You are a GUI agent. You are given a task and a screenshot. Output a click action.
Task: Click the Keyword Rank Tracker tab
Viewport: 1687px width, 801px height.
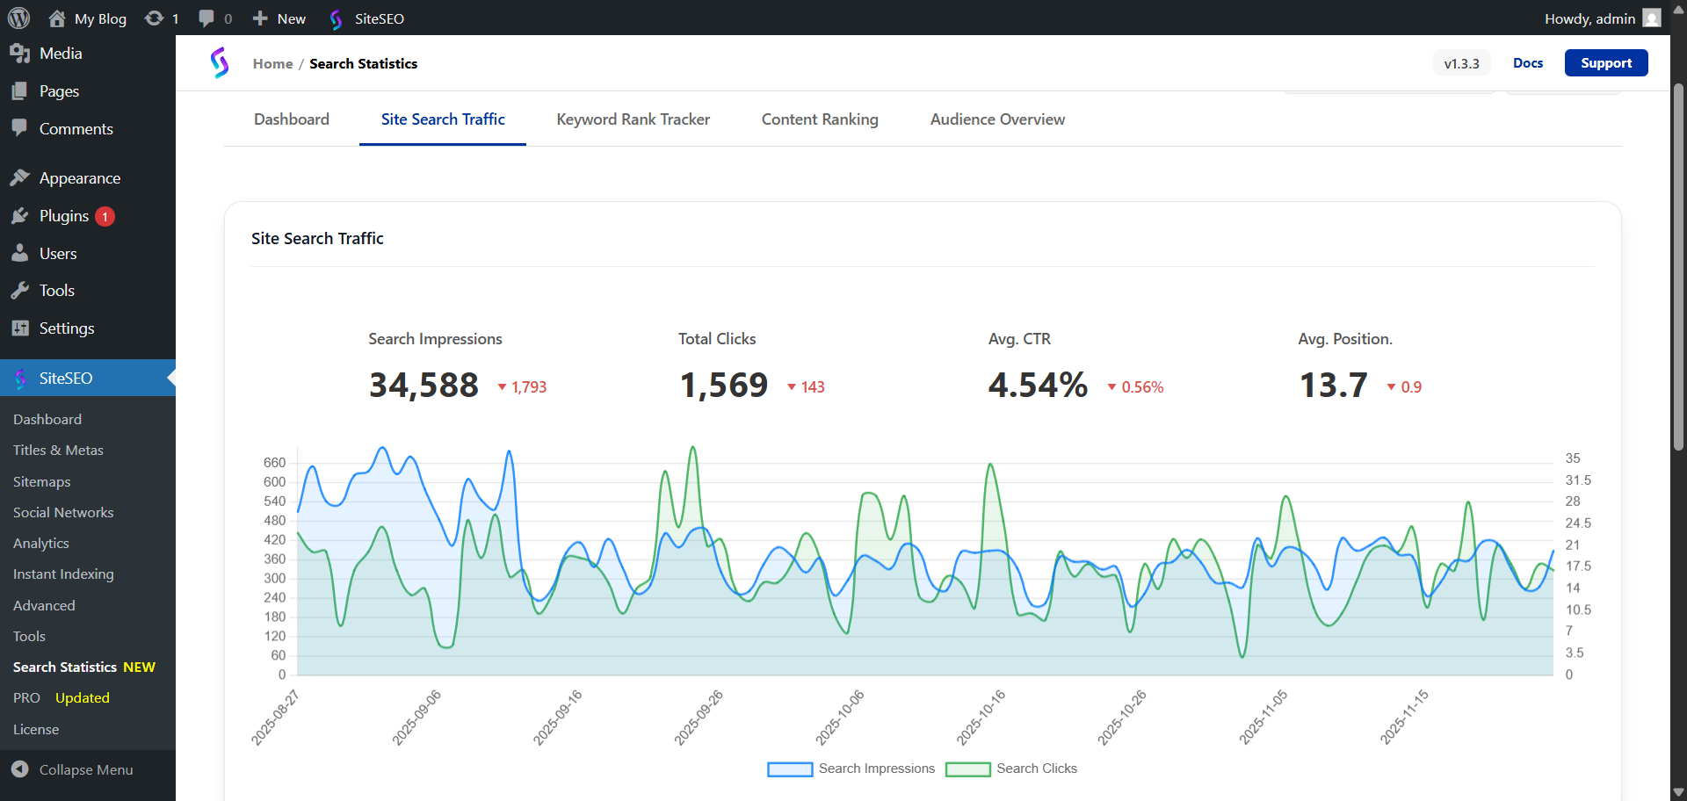633,119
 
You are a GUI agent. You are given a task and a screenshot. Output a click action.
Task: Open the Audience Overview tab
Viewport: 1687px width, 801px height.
997,119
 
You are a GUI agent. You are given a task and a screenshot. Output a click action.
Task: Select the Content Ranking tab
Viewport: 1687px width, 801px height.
819,119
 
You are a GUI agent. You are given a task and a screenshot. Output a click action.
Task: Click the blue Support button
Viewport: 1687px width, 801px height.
1605,63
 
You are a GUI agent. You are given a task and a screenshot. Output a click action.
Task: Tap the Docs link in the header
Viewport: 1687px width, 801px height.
1527,63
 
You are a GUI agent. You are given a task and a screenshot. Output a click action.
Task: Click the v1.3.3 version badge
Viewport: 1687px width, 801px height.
1461,64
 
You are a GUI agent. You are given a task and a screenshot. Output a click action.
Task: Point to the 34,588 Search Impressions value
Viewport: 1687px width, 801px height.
424,386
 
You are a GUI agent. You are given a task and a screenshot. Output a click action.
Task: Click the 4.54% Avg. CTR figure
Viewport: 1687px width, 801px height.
1038,386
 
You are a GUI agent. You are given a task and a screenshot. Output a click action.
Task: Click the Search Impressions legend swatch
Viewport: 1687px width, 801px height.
790,769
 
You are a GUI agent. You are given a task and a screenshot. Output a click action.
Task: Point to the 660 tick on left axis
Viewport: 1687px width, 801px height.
274,463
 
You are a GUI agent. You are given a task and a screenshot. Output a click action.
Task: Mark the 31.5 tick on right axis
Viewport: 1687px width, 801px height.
1577,480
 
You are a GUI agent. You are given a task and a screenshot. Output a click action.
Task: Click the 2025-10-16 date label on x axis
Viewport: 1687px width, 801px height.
981,718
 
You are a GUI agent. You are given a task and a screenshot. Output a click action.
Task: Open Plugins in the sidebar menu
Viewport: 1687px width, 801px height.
63,216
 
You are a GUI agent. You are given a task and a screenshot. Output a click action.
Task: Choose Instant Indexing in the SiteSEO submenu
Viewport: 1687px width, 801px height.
63,574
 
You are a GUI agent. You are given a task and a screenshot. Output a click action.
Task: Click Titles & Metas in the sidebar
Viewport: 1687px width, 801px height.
58,451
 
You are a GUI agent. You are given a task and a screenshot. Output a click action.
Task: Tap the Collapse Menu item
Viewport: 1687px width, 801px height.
85,770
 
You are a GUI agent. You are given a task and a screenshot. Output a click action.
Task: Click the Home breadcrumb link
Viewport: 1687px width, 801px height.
272,64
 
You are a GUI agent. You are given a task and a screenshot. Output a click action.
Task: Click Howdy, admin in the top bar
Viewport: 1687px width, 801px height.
1589,18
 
